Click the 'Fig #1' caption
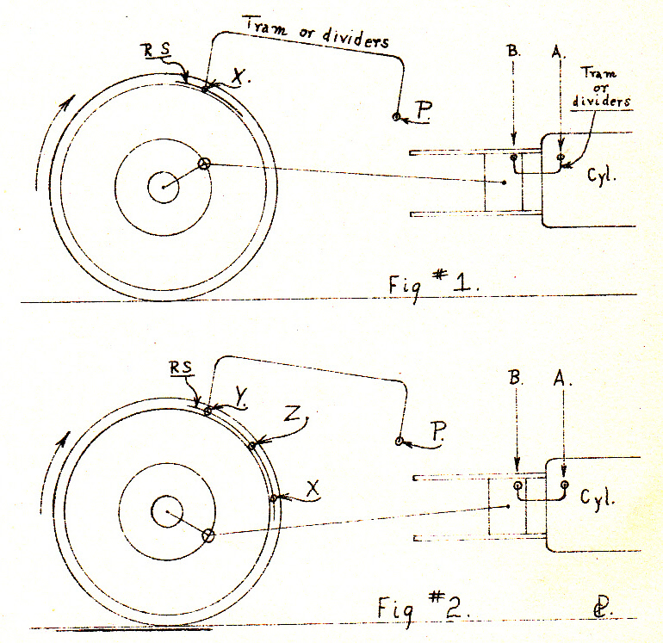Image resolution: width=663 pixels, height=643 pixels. point(434,284)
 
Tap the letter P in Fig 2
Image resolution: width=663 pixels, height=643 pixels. point(438,431)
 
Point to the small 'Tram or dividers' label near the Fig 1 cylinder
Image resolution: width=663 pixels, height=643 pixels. point(601,87)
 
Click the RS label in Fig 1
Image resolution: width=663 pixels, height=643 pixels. point(157,49)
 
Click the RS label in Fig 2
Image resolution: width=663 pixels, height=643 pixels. point(182,367)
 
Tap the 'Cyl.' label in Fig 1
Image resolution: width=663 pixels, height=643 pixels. point(601,174)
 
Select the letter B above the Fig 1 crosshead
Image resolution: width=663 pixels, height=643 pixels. point(513,51)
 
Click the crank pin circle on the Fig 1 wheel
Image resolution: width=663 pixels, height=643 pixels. point(204,164)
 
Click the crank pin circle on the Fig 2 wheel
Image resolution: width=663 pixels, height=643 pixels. point(208,535)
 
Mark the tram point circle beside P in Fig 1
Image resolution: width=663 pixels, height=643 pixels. point(396,117)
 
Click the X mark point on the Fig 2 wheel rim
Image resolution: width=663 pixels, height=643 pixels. point(273,498)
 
